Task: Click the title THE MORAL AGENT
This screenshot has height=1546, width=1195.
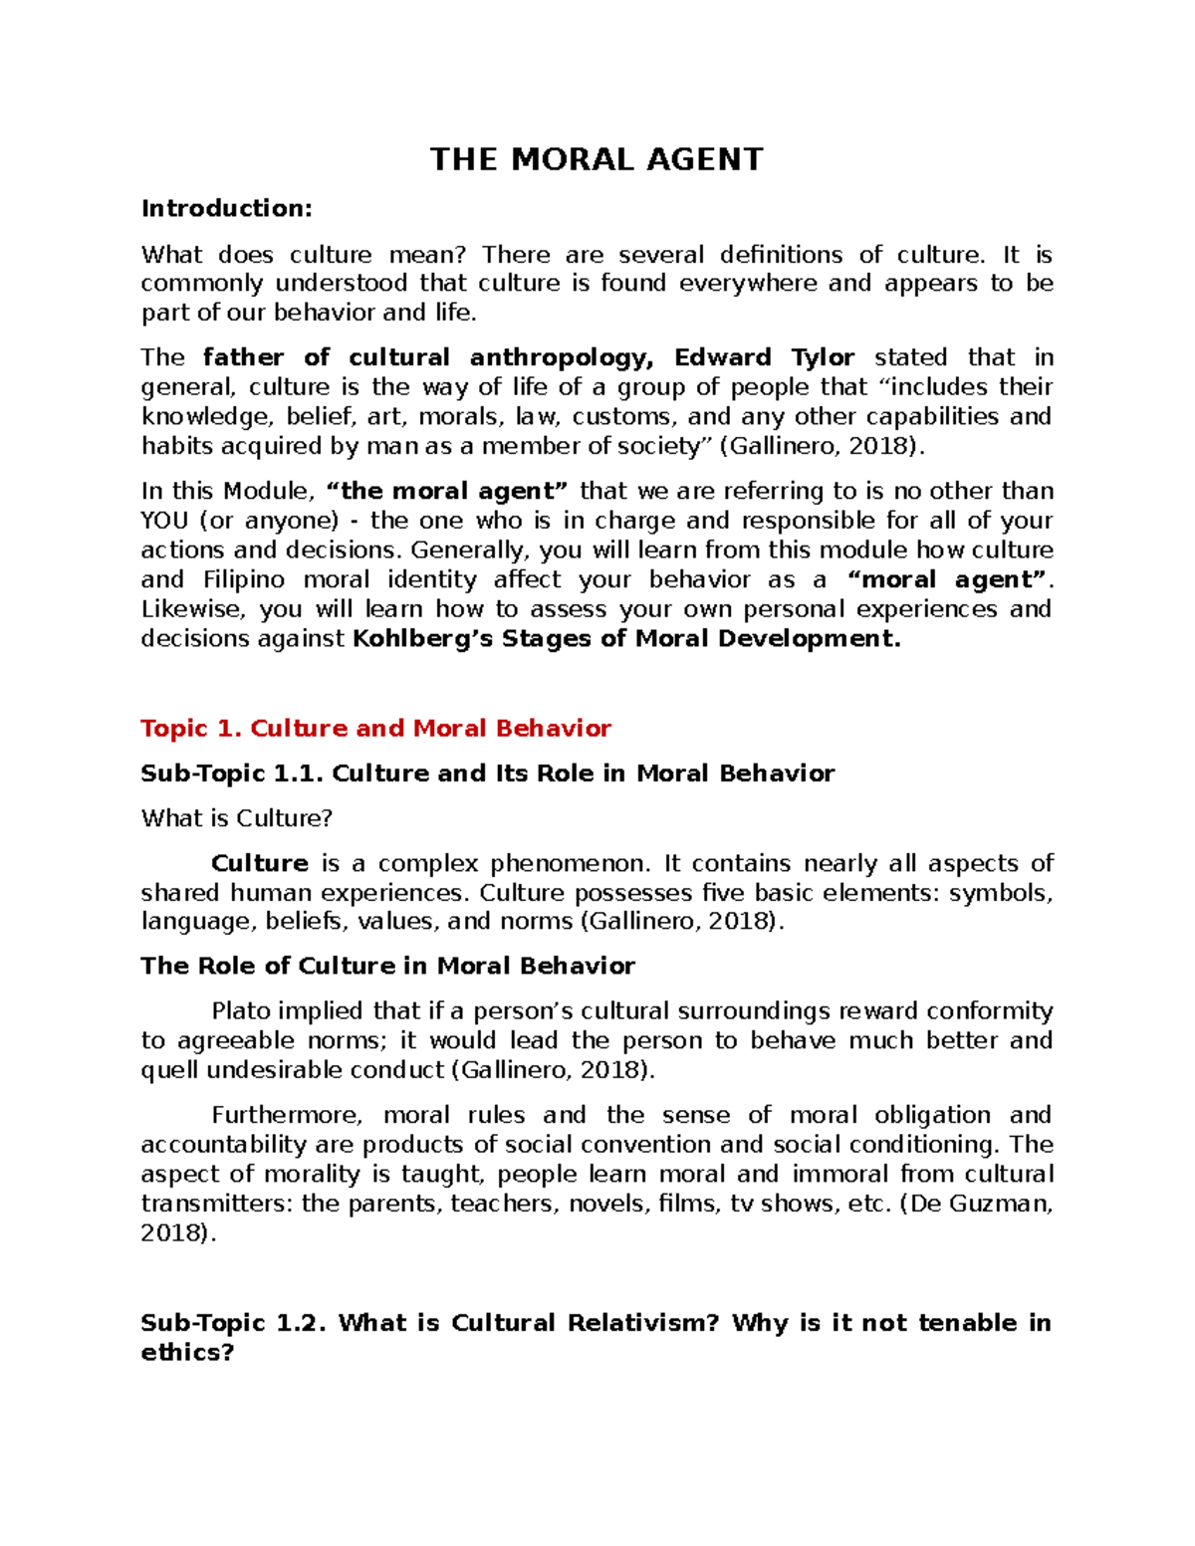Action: point(596,159)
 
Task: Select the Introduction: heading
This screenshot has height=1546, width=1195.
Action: point(226,208)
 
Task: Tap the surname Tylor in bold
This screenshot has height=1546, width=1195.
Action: point(823,357)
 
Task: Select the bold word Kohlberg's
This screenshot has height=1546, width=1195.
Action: point(422,639)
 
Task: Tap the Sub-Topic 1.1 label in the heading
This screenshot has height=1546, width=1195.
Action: point(231,773)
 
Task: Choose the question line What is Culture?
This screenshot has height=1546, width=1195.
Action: point(236,818)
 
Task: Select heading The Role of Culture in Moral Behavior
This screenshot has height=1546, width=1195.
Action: point(387,966)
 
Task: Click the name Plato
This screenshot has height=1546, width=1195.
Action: point(241,1011)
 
